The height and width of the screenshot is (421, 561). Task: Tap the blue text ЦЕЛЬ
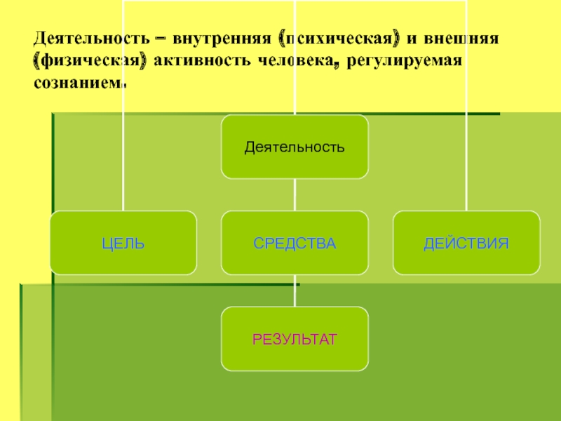[123, 244]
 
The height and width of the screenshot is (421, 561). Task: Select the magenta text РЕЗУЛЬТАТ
[295, 340]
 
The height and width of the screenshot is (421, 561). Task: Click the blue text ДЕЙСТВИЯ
[466, 244]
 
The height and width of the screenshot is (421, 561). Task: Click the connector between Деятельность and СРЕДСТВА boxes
[295, 194]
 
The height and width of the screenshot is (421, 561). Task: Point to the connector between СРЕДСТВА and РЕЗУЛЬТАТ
[295, 290]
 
